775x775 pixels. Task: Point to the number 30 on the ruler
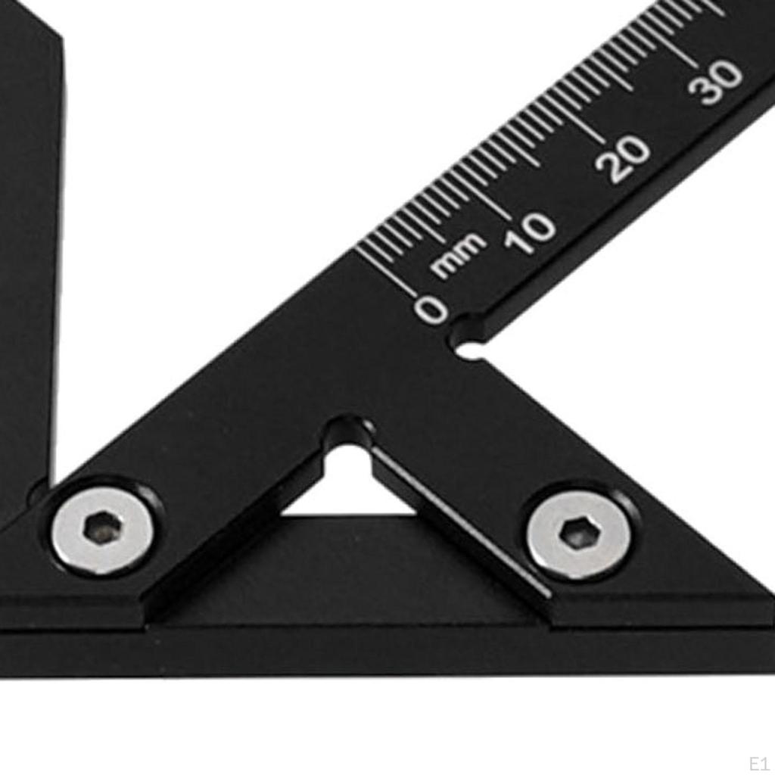(716, 82)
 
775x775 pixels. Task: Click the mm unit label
(458, 254)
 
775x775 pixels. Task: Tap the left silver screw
(103, 528)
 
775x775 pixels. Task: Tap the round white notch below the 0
(471, 350)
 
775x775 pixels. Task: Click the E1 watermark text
(758, 763)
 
